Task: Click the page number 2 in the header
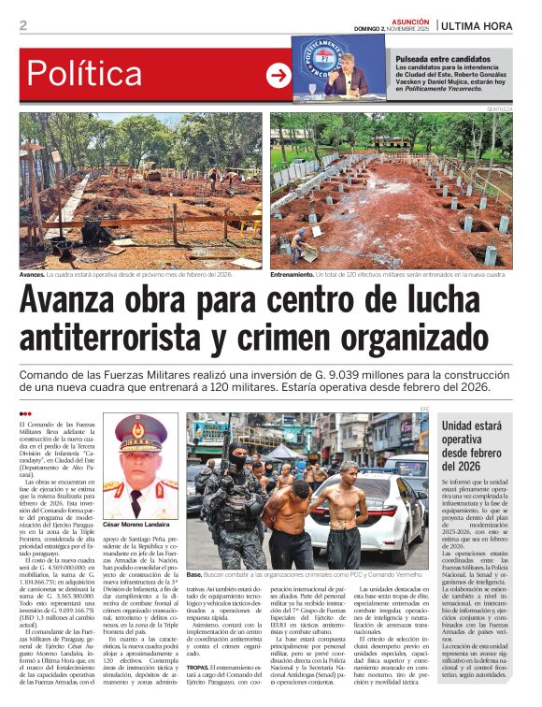click(23, 25)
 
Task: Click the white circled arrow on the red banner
click(278, 76)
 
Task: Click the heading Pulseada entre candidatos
click(443, 59)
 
